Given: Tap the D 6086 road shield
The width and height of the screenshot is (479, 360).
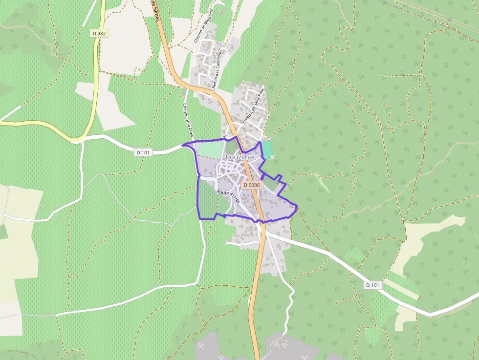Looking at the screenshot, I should (x=252, y=185).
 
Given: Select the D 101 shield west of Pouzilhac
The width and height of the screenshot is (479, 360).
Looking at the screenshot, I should (x=143, y=152).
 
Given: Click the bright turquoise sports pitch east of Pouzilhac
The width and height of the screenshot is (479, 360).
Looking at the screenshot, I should (x=267, y=148).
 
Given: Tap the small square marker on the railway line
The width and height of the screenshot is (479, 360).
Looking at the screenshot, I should (x=449, y=20).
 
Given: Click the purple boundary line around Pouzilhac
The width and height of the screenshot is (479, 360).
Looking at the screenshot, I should (x=197, y=195).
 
